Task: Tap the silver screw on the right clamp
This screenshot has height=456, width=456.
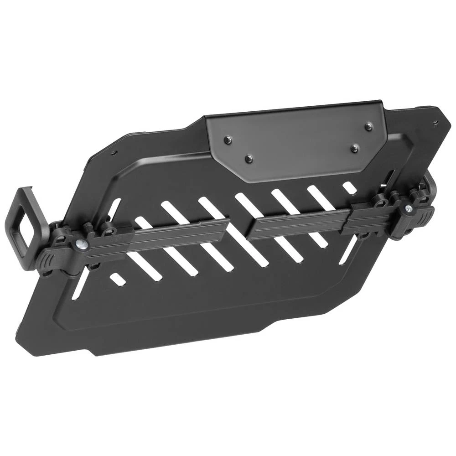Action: tap(407, 208)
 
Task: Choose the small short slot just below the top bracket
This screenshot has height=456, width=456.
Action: tap(349, 187)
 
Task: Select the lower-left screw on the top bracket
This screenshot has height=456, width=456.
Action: tap(248, 159)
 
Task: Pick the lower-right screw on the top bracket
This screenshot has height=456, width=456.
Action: tap(354, 148)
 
